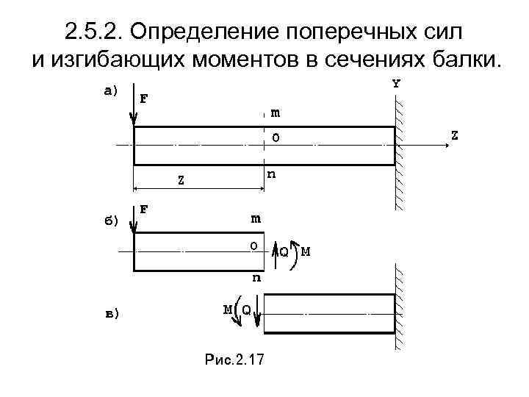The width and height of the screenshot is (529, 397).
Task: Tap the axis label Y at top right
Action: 397,84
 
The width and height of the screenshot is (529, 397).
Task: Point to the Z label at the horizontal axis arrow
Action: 456,135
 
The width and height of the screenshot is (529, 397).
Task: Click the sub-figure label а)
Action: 109,91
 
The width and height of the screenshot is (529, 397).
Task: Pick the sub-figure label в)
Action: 109,314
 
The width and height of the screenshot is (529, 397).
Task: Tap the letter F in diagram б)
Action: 144,209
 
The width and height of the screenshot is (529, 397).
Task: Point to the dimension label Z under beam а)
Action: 181,178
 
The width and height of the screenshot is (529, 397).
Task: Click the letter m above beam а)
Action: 275,112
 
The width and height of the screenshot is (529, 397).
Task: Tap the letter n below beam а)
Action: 272,174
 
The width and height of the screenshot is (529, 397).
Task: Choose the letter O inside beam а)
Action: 276,137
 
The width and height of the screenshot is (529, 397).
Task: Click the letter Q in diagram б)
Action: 284,251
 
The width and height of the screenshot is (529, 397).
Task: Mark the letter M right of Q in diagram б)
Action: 305,251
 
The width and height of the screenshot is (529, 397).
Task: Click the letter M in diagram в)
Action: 228,309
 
